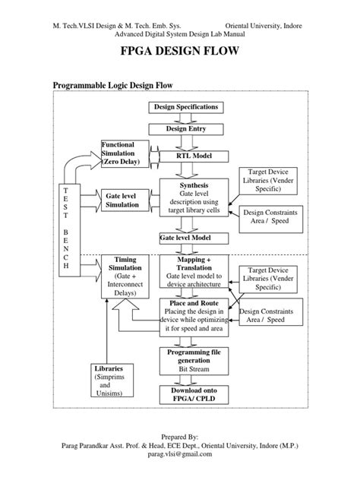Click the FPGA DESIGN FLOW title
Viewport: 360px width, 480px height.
tap(179, 53)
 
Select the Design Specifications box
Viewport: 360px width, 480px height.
tap(186, 107)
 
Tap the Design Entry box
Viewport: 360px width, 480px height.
tap(186, 129)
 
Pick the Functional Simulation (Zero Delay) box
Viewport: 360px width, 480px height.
tap(128, 153)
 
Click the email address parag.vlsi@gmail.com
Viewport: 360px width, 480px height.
tap(179, 455)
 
